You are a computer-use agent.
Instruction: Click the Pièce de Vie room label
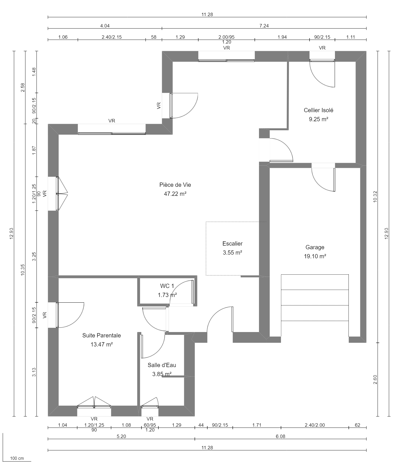point(175,185)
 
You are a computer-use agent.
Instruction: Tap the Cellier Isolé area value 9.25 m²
point(318,119)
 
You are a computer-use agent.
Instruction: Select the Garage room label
point(315,247)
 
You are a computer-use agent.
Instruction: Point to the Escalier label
point(232,244)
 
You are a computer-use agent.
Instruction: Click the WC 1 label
point(167,286)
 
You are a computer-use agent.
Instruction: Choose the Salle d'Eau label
point(162,365)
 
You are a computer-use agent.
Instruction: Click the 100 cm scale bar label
point(17,458)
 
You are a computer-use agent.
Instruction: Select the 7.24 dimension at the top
point(264,26)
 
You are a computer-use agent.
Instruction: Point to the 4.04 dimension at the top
point(105,26)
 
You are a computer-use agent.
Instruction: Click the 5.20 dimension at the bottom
point(121,436)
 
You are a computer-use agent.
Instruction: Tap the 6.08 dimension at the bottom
point(280,436)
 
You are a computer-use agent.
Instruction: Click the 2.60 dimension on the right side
point(375,380)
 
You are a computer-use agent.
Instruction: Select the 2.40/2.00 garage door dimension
point(315,425)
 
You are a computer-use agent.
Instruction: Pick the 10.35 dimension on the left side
point(23,270)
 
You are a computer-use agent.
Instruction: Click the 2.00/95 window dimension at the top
point(226,37)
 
